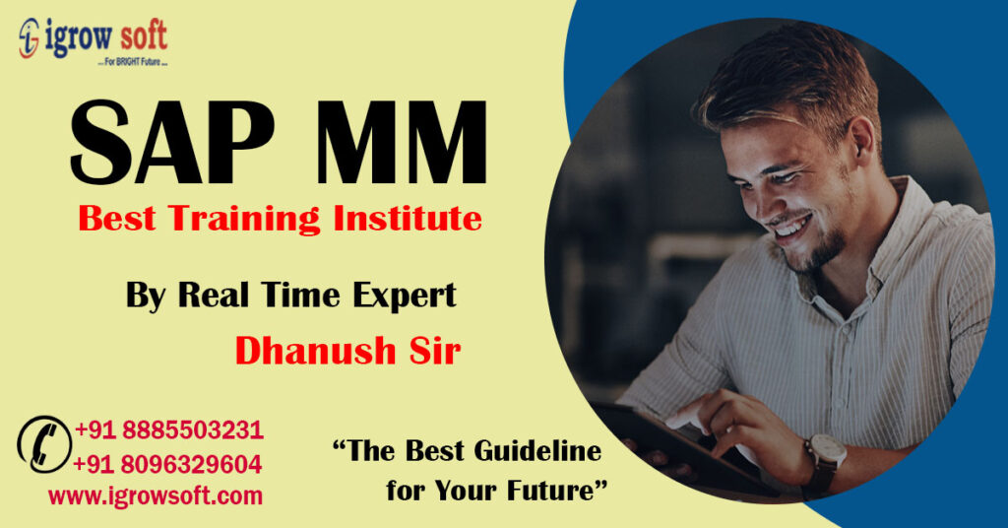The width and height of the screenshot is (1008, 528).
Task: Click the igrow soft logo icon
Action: click(x=29, y=38)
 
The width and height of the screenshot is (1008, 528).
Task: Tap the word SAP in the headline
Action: click(x=172, y=143)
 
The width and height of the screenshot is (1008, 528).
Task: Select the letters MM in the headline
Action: click(x=402, y=143)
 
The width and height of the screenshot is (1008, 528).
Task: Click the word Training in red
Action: click(x=244, y=219)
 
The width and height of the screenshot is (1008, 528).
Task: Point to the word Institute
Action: click(x=408, y=218)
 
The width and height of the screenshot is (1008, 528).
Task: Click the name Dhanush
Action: click(x=315, y=351)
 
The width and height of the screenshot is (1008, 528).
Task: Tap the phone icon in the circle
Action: click(x=44, y=444)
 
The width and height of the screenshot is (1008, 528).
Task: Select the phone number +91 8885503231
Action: click(x=169, y=429)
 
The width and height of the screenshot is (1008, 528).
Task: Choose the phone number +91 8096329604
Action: click(x=167, y=464)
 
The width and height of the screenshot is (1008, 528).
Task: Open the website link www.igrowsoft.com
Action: click(x=156, y=495)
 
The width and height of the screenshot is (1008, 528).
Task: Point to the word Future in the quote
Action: click(x=550, y=490)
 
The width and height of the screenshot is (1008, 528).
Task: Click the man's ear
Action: click(x=861, y=138)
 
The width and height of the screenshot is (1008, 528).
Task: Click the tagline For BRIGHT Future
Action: click(x=133, y=62)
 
